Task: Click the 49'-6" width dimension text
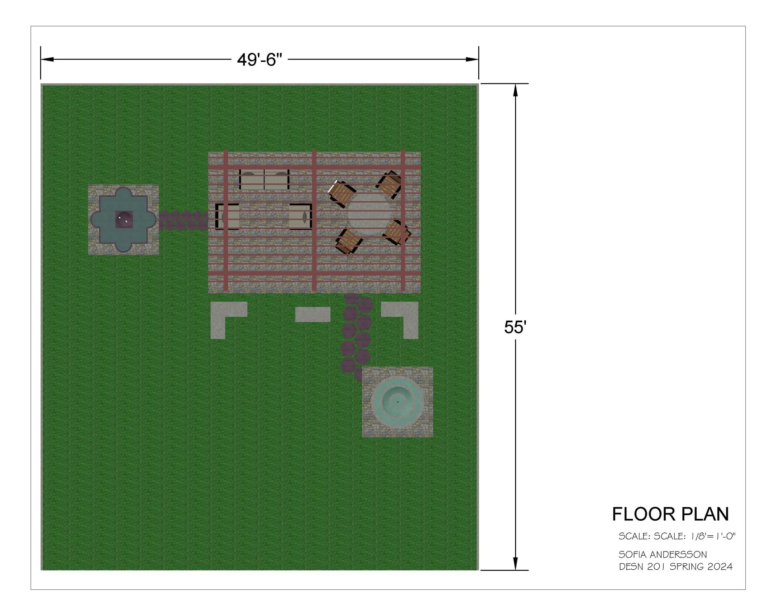tap(259, 60)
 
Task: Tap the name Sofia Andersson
tap(662, 555)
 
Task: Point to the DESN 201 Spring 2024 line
tap(675, 566)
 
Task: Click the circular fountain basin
tap(397, 402)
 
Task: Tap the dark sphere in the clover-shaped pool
tap(124, 219)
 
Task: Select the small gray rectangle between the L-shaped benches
tap(313, 314)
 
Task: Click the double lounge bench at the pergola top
tap(264, 180)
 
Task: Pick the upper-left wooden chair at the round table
tap(341, 193)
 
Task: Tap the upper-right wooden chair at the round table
tap(390, 184)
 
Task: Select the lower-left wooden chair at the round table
tap(348, 241)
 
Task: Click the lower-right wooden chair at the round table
tap(397, 232)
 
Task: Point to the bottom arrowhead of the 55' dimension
tap(515, 563)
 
